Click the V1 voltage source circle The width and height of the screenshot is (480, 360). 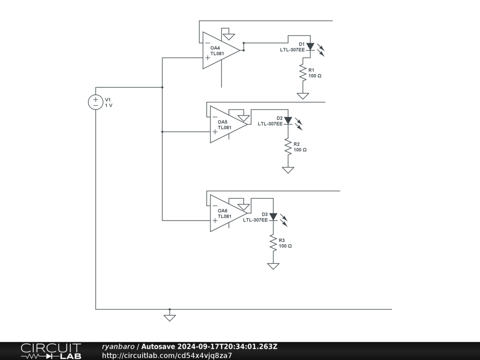tap(96, 102)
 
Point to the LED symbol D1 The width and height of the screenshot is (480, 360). tap(310, 46)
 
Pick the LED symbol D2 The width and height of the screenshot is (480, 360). tap(288, 121)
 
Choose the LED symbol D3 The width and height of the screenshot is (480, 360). tap(273, 217)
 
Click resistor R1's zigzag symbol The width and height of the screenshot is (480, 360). tap(303, 72)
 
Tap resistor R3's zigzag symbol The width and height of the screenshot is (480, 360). tap(273, 243)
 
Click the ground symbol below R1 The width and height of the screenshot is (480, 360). tap(303, 96)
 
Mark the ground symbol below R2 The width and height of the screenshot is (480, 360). tap(288, 170)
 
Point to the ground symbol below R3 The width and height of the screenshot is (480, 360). tap(273, 266)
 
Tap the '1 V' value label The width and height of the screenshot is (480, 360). tap(109, 105)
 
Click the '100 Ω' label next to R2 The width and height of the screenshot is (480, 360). tap(300, 150)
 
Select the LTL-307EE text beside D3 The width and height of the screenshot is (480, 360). tap(255, 219)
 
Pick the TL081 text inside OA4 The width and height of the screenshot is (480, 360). tap(217, 53)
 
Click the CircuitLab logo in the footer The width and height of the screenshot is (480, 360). tap(51, 351)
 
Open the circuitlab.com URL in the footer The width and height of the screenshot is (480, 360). tap(167, 355)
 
